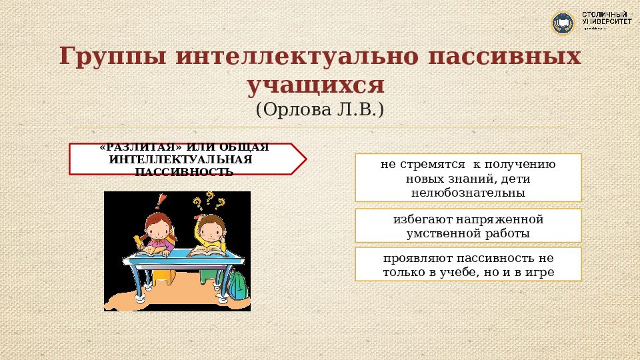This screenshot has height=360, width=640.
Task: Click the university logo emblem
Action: (563, 23)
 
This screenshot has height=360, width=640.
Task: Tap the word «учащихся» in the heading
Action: (317, 85)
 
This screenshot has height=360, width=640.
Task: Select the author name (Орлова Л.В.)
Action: (319, 109)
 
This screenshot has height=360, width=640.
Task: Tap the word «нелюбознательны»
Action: (468, 193)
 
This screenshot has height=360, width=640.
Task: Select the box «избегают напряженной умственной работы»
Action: (468, 225)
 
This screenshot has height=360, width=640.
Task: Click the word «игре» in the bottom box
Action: (539, 273)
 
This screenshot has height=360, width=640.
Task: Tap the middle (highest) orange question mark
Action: (209, 198)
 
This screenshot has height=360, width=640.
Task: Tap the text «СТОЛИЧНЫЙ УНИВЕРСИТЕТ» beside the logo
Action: (606, 19)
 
